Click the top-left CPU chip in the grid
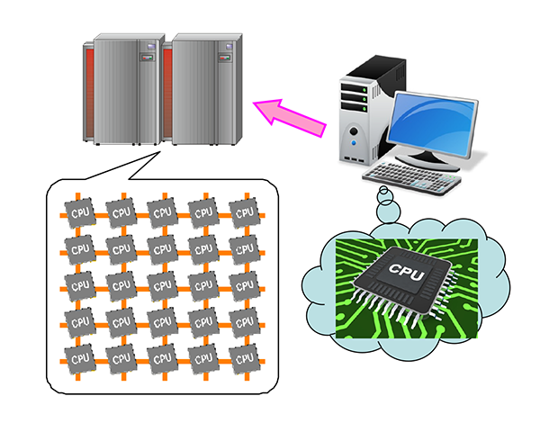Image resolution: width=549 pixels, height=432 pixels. point(79,213)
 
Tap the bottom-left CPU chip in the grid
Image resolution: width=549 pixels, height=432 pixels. point(79,357)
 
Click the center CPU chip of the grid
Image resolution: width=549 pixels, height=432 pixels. point(161,285)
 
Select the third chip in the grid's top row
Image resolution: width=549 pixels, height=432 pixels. point(161,213)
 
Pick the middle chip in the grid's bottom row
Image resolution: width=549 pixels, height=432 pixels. point(161,357)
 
